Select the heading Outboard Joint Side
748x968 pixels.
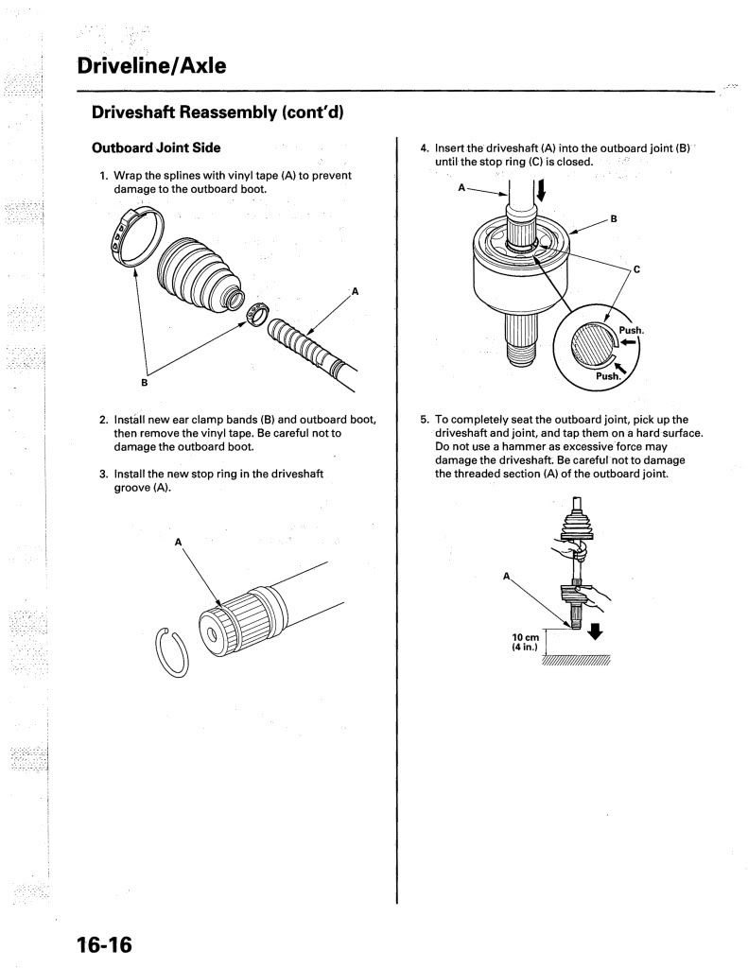[x=156, y=148]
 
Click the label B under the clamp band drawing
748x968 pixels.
[x=145, y=383]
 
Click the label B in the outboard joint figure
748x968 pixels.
[x=613, y=219]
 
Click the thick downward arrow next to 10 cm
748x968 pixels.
[x=596, y=629]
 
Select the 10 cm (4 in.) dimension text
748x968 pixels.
[x=526, y=643]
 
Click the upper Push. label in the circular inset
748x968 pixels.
[x=630, y=330]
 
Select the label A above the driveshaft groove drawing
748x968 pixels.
[x=177, y=543]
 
